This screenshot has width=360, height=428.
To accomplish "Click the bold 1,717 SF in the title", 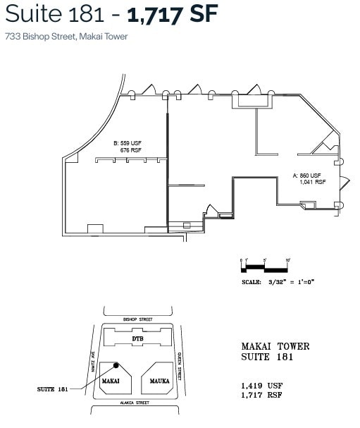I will coord(173,14).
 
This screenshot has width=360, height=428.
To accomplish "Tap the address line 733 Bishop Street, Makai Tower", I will coord(66,37).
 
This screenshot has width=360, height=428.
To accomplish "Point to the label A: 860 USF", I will coord(306,175).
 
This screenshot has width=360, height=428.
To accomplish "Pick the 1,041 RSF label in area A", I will coord(311,182).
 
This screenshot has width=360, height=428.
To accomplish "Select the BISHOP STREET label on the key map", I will coord(138,319).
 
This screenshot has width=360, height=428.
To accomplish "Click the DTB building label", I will coord(139,339).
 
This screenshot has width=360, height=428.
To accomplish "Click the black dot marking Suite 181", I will coord(117,366).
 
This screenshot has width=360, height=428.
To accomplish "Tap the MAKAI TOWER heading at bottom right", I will coord(275,346).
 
